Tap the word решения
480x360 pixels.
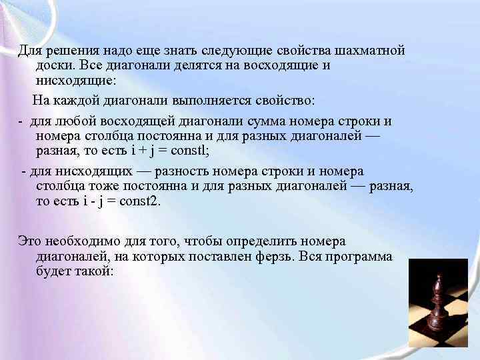(70, 51)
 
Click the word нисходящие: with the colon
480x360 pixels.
(76, 81)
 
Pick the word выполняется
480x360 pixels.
(209, 101)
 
